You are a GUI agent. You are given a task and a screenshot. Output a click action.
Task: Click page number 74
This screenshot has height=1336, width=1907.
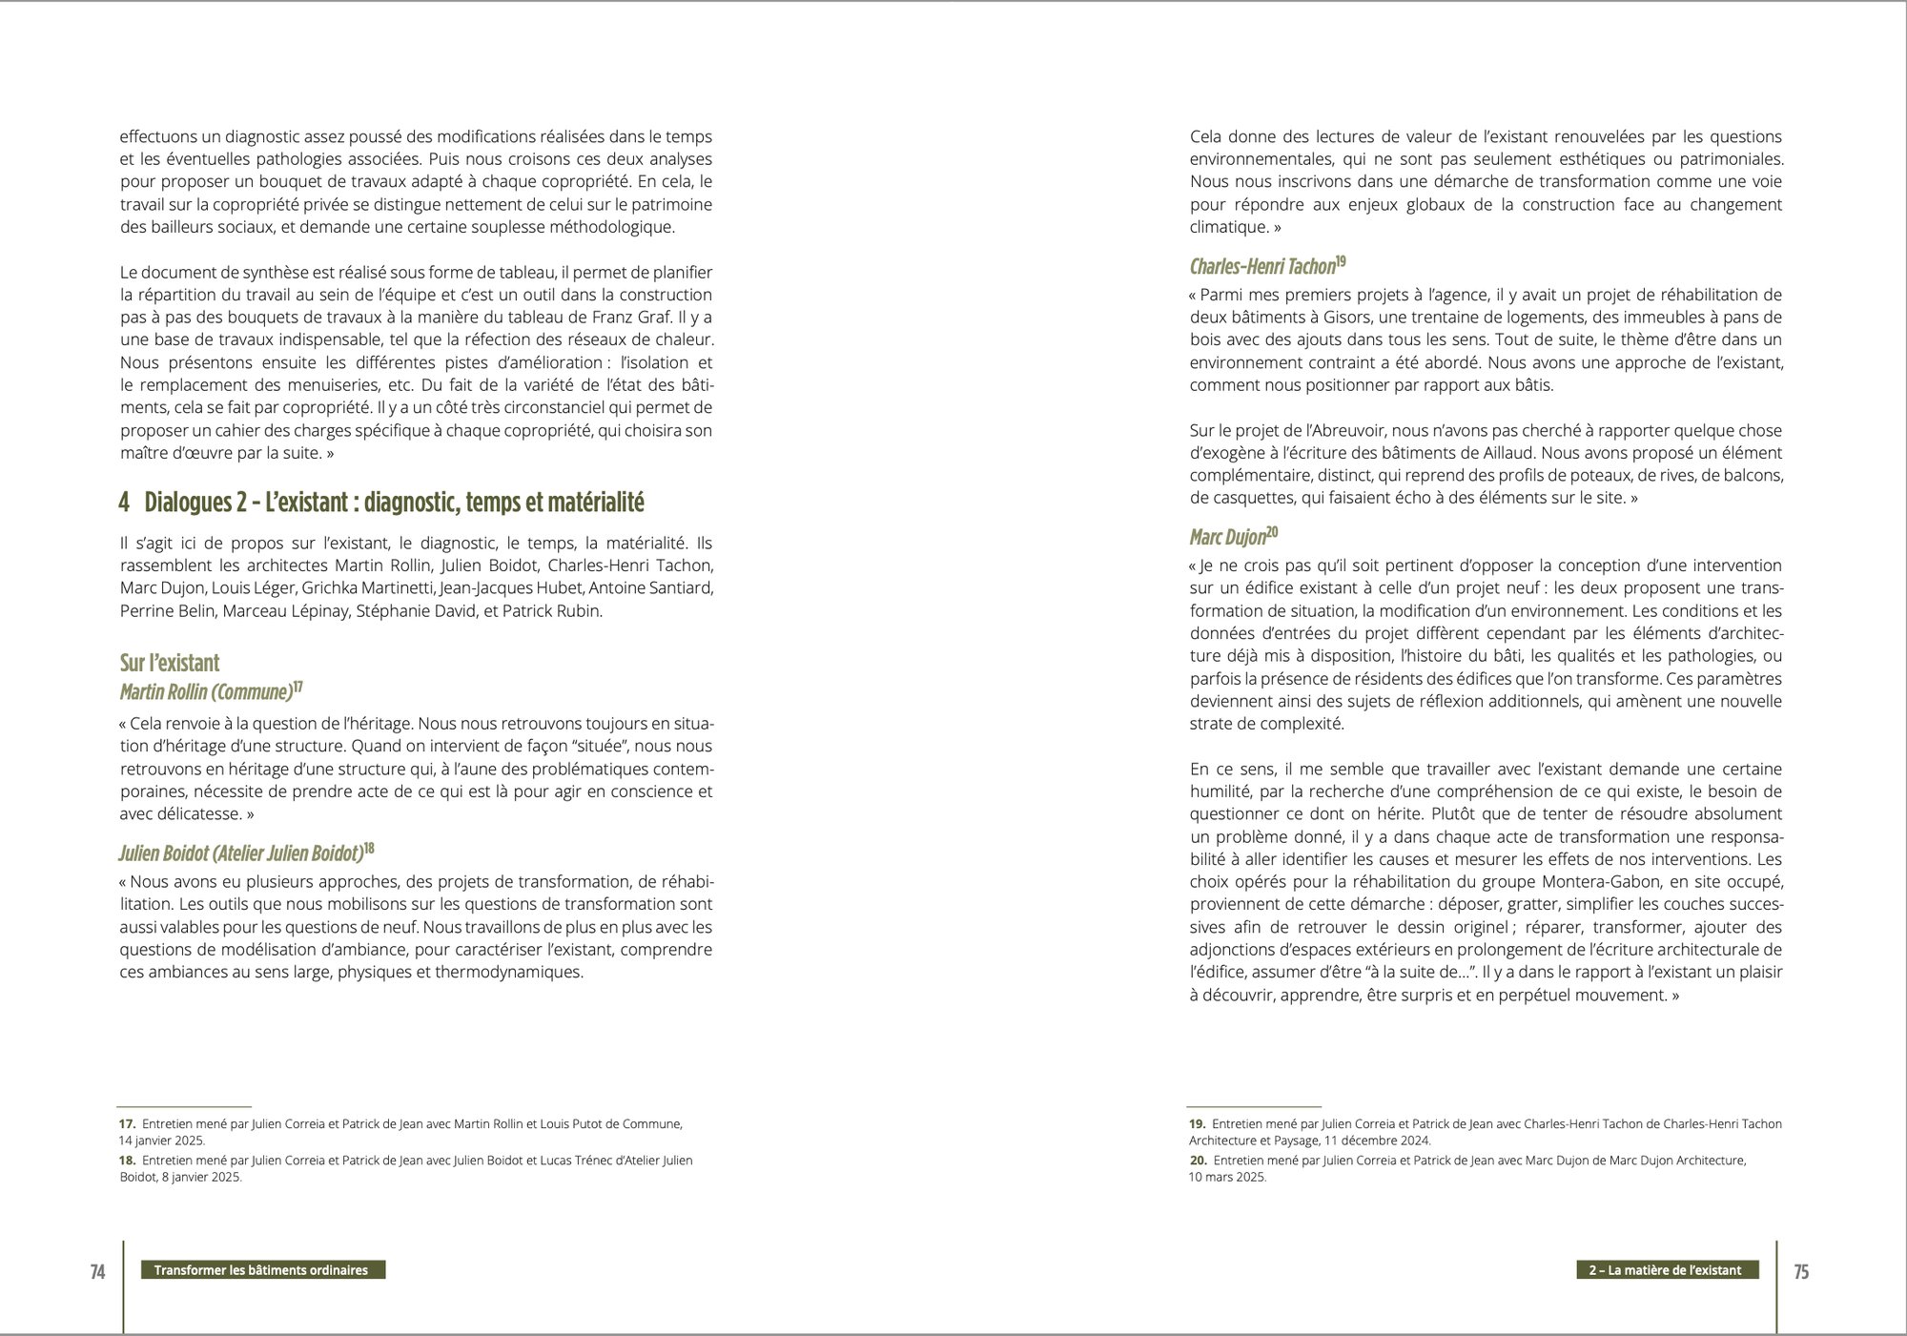(x=97, y=1271)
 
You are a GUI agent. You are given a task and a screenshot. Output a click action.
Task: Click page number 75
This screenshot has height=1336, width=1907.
(x=1801, y=1271)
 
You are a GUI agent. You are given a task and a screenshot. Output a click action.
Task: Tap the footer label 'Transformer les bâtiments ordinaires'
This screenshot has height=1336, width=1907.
(x=261, y=1270)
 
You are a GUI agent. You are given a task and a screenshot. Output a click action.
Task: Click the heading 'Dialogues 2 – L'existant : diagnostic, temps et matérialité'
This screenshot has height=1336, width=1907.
(x=394, y=502)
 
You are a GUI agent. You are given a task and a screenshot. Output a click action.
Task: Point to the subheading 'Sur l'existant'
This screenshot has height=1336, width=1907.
(x=170, y=663)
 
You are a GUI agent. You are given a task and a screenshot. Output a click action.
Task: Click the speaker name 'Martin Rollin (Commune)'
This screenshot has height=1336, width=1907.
(x=205, y=691)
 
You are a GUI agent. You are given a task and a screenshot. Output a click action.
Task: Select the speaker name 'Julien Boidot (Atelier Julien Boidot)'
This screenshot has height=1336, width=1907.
(x=241, y=852)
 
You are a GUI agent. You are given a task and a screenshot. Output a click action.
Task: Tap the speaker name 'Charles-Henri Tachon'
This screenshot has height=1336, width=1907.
(x=1262, y=266)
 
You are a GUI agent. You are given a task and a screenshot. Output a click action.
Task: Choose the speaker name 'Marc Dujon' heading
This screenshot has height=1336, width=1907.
(x=1228, y=537)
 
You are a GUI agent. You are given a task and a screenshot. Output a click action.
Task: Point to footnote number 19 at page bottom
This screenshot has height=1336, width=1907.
(x=1198, y=1124)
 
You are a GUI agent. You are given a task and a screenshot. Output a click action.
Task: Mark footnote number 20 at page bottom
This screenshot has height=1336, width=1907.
(x=1198, y=1161)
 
